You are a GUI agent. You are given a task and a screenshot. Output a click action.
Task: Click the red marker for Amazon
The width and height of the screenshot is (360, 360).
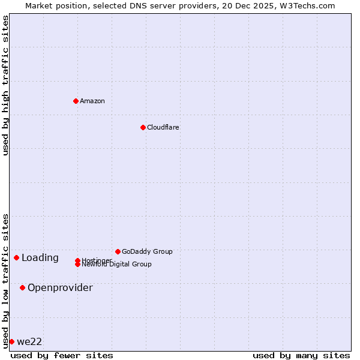pos(76,101)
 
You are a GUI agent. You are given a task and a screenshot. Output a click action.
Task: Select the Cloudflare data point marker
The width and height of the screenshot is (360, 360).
pos(143,127)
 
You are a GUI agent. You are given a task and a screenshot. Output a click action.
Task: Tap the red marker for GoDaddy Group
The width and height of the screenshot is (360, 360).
pos(118,251)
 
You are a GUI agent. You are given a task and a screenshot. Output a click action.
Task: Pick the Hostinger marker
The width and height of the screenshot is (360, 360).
pos(77,260)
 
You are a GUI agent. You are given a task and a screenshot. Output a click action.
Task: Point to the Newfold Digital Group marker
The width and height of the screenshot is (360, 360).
pos(77,264)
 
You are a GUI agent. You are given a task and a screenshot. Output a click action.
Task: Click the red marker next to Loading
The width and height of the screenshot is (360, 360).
pos(16,257)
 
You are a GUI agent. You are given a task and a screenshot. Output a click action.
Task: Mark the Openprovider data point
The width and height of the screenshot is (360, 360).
pos(22,287)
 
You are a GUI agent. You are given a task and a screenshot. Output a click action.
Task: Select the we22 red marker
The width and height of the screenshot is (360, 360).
pos(11,341)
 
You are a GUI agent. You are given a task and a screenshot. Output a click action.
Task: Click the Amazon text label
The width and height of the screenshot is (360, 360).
pos(92,101)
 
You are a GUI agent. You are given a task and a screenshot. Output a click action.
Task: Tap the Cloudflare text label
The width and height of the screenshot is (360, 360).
pos(163,127)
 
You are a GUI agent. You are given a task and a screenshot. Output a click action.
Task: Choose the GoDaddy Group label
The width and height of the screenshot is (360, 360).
pos(147,251)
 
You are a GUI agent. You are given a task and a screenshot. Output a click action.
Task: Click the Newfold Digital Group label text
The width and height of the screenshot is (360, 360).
pos(116,265)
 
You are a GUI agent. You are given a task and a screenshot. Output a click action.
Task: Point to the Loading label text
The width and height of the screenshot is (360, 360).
pos(40,258)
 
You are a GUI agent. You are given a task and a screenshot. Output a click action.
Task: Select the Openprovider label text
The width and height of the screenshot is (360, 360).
pos(60,288)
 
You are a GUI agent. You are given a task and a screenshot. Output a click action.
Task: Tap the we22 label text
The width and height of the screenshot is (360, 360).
pos(29,342)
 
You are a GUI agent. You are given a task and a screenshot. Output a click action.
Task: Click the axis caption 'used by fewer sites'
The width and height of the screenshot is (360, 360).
pos(62,355)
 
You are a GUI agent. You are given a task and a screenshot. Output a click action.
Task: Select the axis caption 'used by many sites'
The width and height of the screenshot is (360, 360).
pos(301,355)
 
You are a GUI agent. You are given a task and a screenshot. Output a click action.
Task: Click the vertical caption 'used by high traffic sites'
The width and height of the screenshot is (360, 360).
pos(5,85)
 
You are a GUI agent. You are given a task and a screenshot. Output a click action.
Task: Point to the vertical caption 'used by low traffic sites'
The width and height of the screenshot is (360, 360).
pos(5,280)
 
